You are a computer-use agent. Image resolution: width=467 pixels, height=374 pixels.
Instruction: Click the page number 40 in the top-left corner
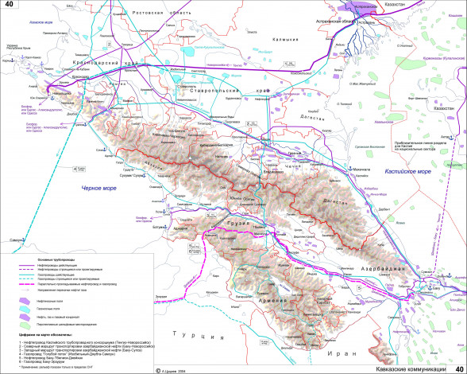tap(10, 6)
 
